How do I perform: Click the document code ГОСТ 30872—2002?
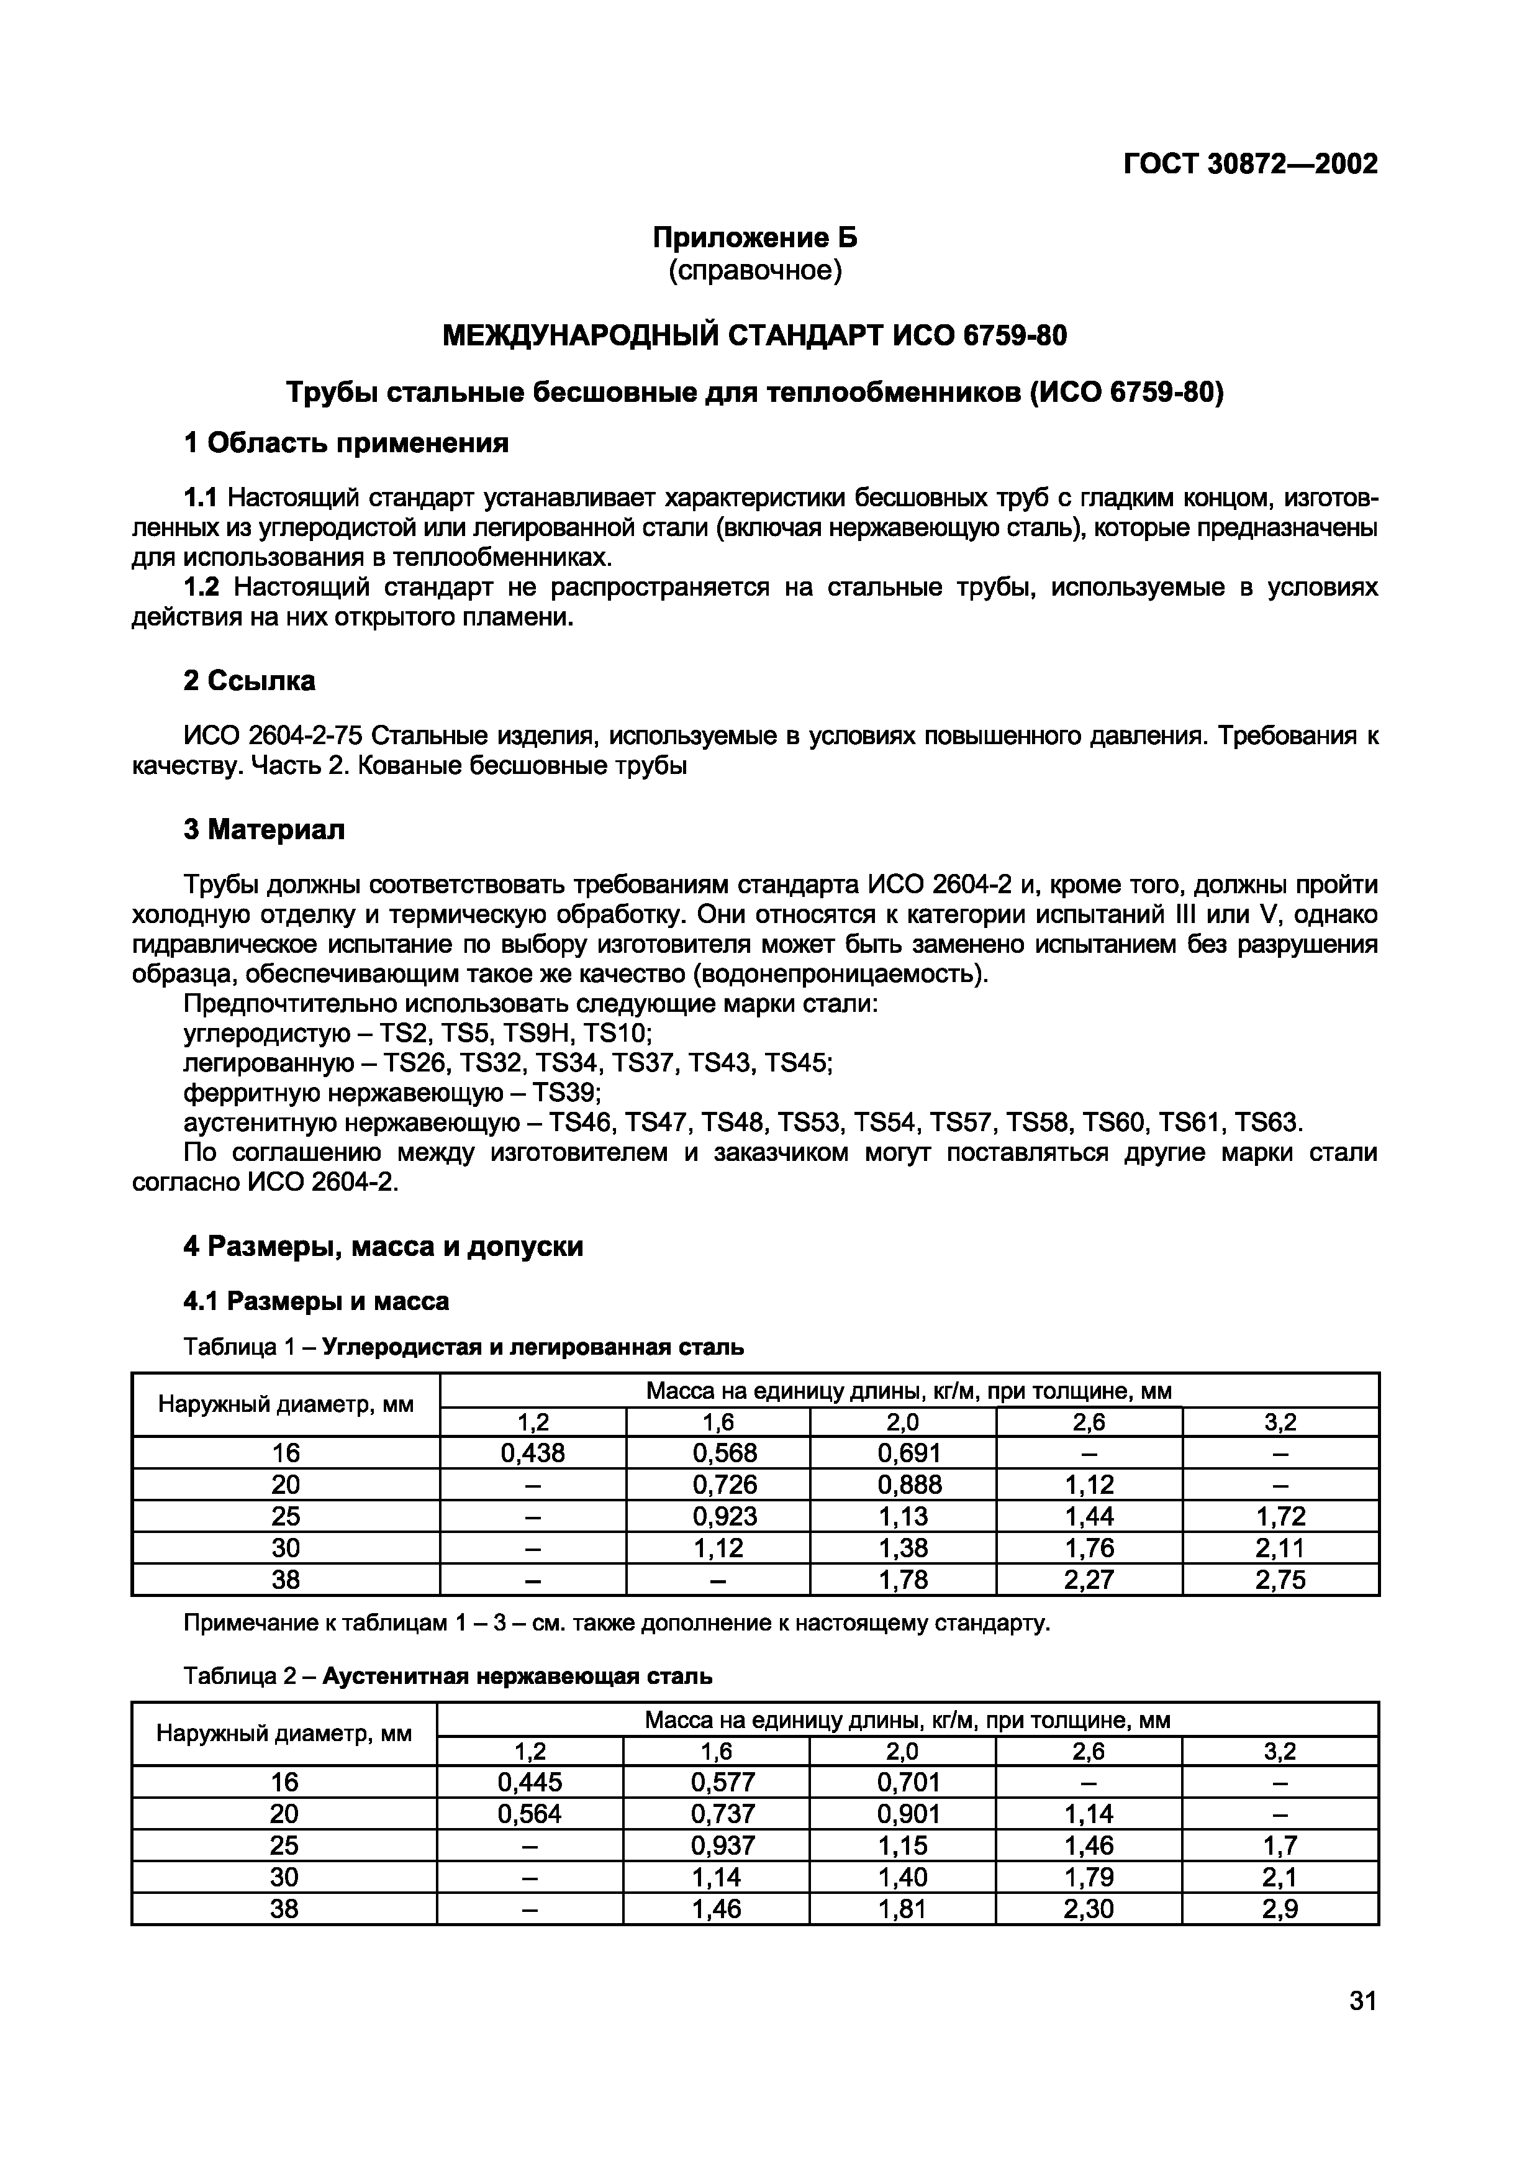1249,164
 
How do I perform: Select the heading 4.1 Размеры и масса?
316,1301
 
